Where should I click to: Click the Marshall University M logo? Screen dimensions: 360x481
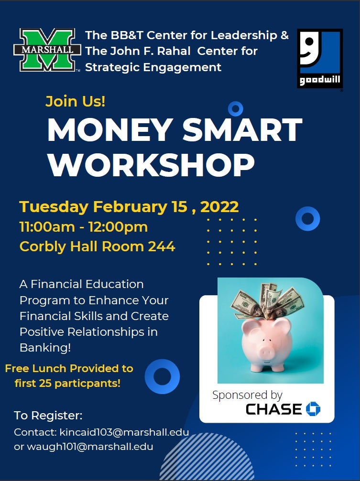(47, 50)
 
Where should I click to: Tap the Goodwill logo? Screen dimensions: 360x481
(320, 59)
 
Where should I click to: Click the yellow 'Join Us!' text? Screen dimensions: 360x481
(75, 101)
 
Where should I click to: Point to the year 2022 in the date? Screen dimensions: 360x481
(219, 206)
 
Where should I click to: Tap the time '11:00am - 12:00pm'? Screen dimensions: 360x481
(84, 227)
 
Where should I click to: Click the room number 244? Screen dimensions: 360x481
(162, 246)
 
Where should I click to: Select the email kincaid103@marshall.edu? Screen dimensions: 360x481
(124, 432)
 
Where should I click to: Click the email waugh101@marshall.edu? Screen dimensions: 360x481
(90, 446)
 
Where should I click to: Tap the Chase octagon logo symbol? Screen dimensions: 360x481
(313, 408)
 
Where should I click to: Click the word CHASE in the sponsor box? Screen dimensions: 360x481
(273, 409)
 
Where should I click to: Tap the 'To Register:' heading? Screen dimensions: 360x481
(48, 416)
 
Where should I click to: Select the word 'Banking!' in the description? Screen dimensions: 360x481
(45, 348)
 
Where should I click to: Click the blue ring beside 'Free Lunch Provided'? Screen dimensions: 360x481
(162, 376)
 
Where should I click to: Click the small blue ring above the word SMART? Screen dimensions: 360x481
(236, 109)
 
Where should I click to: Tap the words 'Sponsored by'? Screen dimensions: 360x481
(247, 395)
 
